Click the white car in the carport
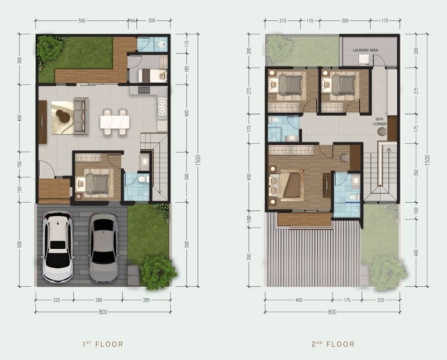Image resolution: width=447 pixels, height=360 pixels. [x=58, y=247]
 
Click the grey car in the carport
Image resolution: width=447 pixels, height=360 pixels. [x=103, y=248]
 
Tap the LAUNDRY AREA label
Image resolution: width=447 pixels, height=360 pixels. [x=365, y=50]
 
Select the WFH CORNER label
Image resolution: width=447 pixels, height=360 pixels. [x=379, y=121]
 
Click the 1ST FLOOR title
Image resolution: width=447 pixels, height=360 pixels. [x=103, y=344]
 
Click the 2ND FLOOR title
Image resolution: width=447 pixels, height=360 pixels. [x=332, y=344]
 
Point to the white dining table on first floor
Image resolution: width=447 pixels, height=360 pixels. [x=115, y=122]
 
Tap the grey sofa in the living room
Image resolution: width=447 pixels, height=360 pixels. [x=81, y=116]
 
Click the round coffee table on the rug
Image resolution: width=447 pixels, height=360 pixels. [x=63, y=116]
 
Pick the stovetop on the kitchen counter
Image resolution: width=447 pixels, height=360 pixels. [x=144, y=90]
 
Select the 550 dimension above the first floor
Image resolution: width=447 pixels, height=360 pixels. [x=82, y=21]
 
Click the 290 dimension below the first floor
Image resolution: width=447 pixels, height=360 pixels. [x=99, y=300]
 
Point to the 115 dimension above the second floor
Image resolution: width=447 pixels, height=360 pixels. [x=310, y=21]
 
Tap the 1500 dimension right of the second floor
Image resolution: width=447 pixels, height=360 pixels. [x=427, y=160]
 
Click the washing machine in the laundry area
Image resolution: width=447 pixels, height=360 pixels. [x=364, y=60]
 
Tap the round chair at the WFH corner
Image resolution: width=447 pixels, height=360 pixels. [x=382, y=131]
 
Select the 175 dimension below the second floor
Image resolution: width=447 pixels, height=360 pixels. [x=347, y=300]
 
